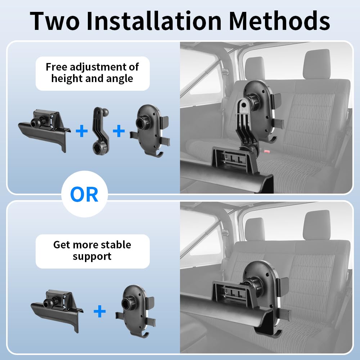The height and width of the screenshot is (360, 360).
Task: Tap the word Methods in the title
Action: coord(279,21)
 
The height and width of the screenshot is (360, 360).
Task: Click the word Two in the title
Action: coord(55,21)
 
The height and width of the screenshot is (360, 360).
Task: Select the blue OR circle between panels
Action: coord(85,194)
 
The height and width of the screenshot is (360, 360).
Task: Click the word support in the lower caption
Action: coord(92,256)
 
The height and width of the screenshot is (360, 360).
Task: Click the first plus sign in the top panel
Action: coord(81,131)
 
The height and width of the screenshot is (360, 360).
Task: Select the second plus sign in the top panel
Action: coord(119,131)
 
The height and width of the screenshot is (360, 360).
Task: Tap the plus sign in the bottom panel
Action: coord(100,311)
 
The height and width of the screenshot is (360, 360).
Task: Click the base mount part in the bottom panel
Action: coord(57,310)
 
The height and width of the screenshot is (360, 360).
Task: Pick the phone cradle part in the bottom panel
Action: coord(136,311)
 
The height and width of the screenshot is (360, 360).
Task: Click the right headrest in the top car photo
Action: coord(317,64)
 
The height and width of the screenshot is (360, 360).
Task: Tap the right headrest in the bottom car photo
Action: coord(317,225)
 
